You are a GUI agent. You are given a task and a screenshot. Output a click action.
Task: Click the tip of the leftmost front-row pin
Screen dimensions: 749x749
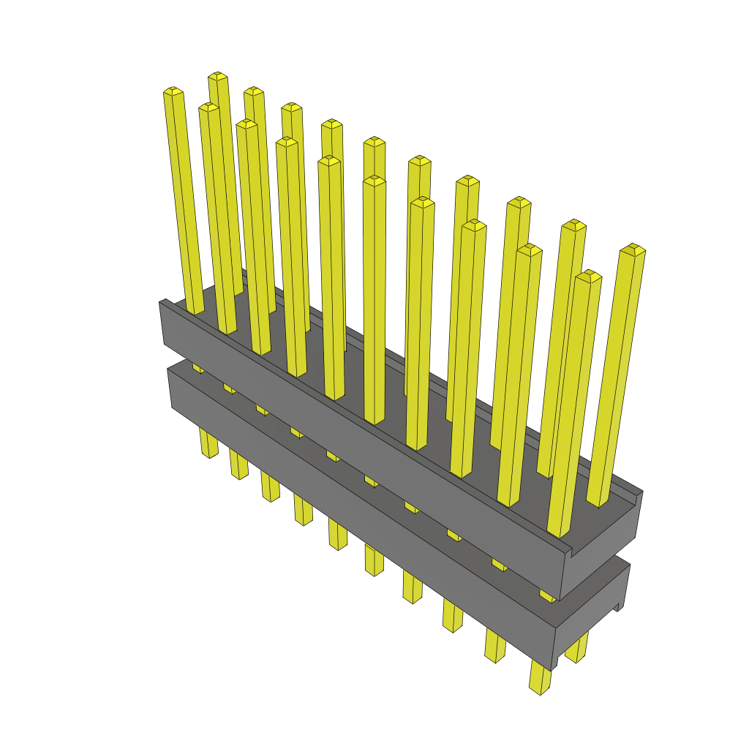[x=173, y=91]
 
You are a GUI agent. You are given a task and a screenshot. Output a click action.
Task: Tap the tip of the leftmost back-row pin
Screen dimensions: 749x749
[x=218, y=76]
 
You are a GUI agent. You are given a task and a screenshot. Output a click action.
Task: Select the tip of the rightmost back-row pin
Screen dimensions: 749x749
[x=632, y=249]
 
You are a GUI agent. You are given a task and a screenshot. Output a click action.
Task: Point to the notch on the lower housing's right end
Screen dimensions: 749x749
[x=619, y=606]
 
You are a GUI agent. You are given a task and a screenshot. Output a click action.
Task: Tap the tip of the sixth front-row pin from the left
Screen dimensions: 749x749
[x=374, y=181]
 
